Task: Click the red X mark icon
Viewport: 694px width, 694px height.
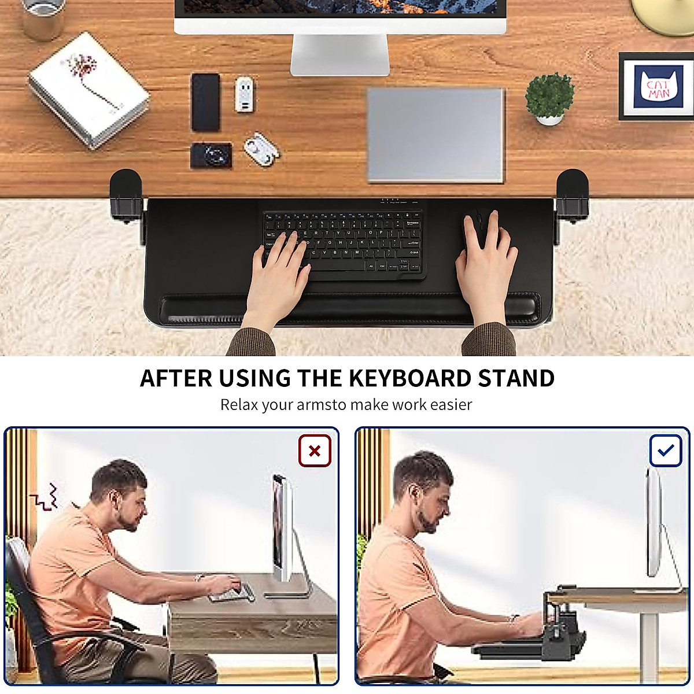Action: coord(315,451)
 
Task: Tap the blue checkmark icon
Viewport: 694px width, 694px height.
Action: coord(666,451)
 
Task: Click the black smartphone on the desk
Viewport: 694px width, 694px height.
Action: coord(205,102)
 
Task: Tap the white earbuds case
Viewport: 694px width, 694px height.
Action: coord(261,149)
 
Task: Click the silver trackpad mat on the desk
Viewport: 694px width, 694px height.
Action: coord(435,135)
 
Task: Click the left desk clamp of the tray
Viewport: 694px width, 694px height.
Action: coord(126,197)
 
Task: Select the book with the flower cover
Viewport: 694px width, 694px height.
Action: coord(88,90)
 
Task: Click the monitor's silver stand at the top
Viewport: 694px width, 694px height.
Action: coord(339,55)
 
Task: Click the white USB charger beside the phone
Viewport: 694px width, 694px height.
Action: coord(244,94)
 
